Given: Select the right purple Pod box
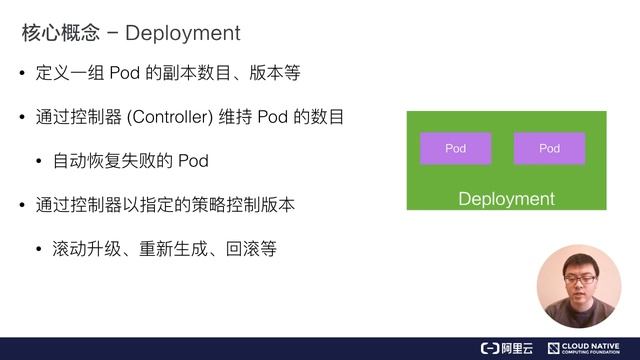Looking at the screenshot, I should [x=549, y=148].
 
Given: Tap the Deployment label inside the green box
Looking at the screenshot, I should [x=506, y=198].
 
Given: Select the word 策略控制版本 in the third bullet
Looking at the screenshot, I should [x=243, y=205].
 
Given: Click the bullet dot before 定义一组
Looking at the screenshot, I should [x=22, y=75].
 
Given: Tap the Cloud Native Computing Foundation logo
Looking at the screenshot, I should [x=590, y=347].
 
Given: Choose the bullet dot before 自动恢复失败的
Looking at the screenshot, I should [x=39, y=162].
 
